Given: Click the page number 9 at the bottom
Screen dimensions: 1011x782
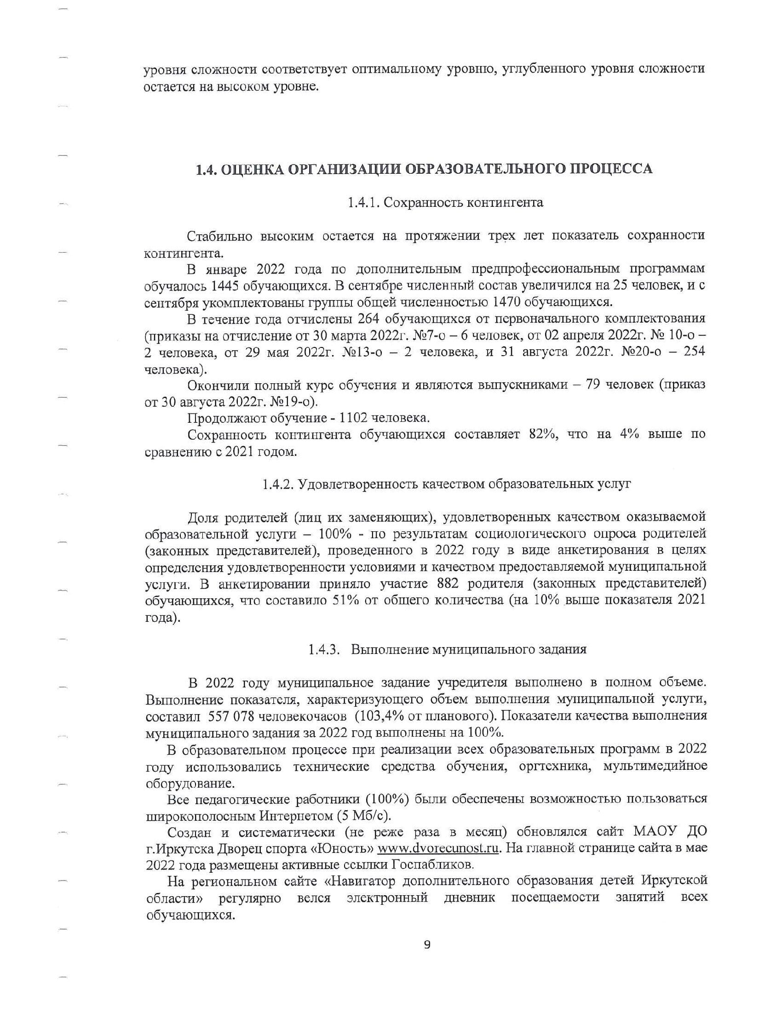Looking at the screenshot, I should pyautogui.click(x=427, y=945).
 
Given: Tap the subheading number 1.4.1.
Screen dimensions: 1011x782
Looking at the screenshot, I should pyautogui.click(x=364, y=203).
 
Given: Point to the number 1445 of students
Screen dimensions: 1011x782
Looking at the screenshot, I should pyautogui.click(x=224, y=286).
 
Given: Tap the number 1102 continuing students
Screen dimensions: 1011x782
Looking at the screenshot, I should pyautogui.click(x=354, y=418).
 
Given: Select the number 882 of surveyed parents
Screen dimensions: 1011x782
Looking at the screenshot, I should pyautogui.click(x=448, y=584).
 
